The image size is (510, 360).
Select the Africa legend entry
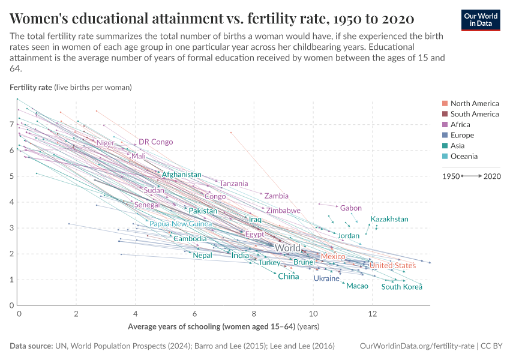(464, 124)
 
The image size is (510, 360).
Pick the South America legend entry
(474, 114)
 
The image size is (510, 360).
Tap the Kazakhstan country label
(389, 219)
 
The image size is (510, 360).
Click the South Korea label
(402, 287)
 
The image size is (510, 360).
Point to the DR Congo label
(155, 142)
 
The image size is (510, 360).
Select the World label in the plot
(287, 248)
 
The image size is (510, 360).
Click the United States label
(392, 266)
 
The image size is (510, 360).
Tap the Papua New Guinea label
(181, 224)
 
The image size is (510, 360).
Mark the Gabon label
(351, 208)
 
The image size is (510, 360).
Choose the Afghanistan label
(182, 175)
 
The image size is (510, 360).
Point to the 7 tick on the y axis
(12, 124)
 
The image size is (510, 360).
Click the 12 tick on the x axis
(372, 314)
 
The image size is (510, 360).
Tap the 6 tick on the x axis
(195, 314)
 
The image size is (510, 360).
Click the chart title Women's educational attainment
(212, 17)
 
